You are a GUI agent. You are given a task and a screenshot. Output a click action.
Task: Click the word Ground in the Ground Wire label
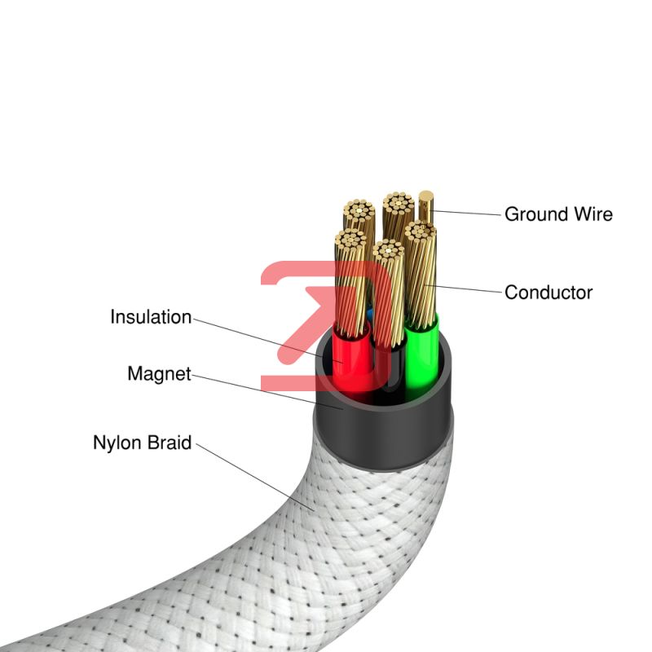point(536,214)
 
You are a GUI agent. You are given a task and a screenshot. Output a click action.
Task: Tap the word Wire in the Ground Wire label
point(593,214)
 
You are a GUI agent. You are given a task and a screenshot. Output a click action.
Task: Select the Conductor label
point(548,293)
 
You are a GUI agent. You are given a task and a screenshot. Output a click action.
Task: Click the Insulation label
point(151,317)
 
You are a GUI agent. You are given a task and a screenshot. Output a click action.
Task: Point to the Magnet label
point(159,374)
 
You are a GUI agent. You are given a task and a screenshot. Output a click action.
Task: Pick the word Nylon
point(117,443)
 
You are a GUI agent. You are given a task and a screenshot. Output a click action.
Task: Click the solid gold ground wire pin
point(425,206)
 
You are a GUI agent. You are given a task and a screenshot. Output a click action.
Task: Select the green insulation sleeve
point(421,358)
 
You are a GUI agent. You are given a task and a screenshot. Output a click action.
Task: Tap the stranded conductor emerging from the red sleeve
point(350,283)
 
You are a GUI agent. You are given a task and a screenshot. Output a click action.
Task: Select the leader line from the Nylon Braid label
point(255,477)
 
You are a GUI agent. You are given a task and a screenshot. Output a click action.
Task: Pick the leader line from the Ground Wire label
point(466,213)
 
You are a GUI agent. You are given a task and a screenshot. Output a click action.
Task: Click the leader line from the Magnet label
point(267,392)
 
